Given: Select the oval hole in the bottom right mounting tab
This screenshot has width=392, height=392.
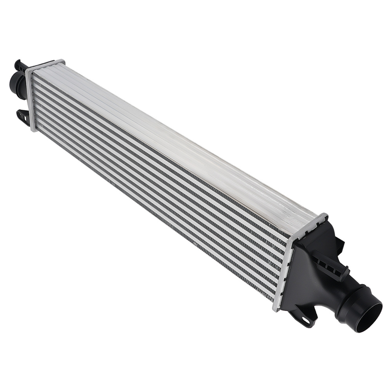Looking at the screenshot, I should [305, 320].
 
